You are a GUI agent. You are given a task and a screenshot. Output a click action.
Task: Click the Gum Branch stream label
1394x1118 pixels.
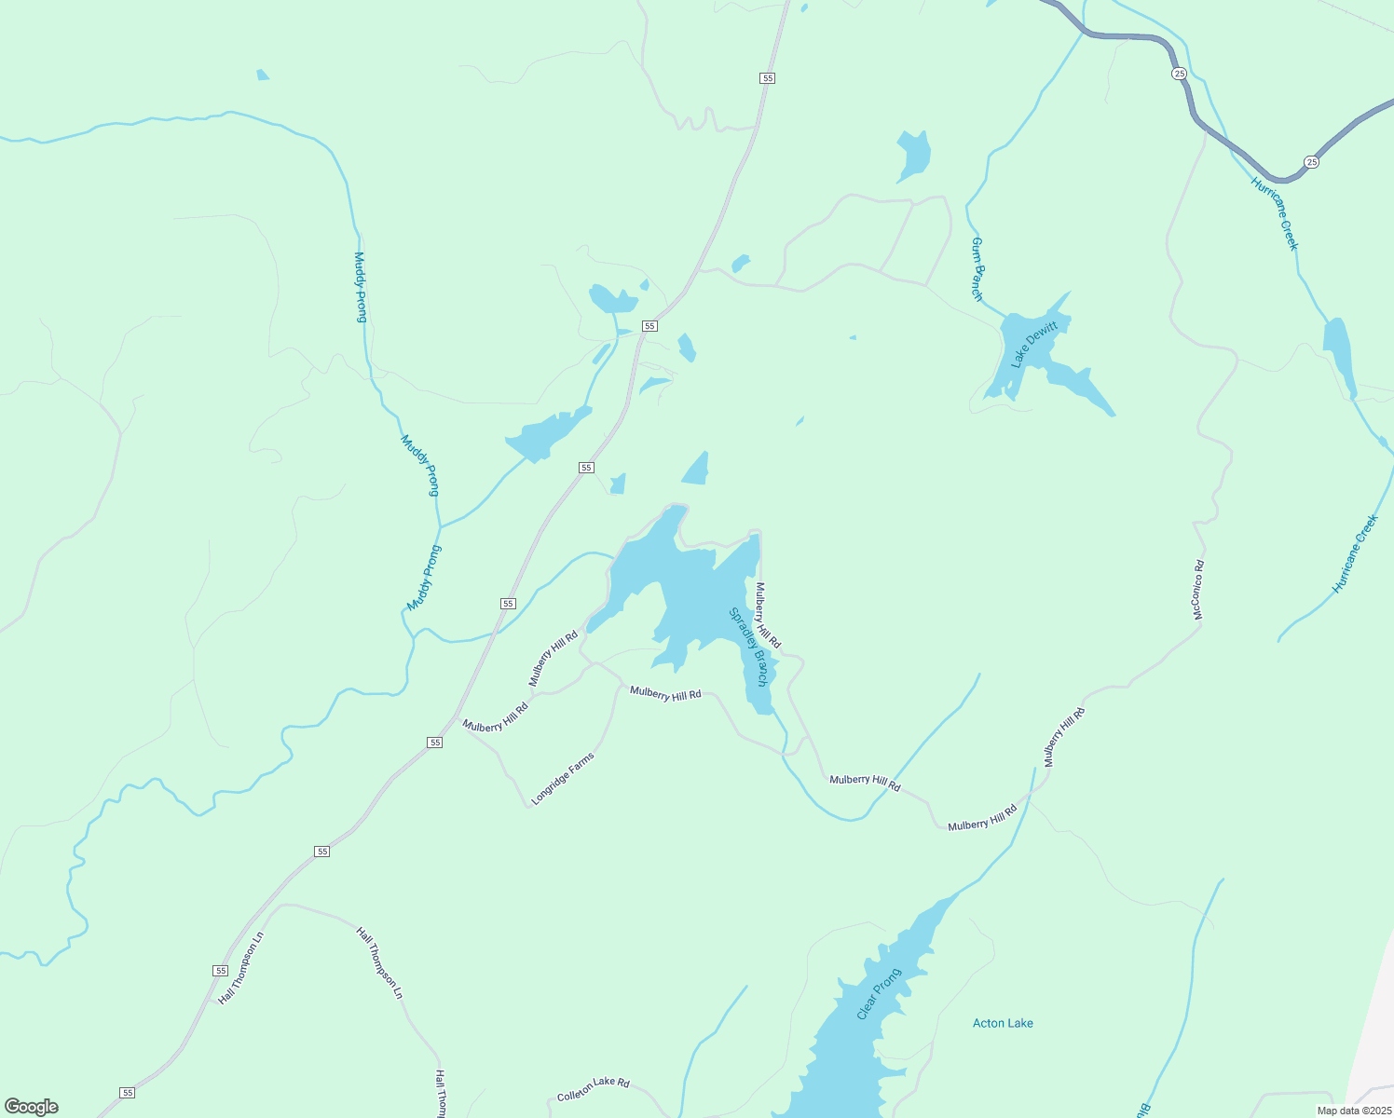977,269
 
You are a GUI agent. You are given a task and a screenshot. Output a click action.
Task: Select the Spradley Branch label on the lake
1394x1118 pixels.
749,647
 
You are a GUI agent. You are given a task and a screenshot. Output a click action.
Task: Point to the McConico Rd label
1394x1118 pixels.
1198,590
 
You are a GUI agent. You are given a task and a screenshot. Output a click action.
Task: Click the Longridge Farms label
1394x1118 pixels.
563,779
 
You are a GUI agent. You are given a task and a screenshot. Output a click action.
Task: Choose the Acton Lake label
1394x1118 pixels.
1003,1023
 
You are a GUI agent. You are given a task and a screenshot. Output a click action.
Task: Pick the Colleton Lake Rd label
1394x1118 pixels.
594,1089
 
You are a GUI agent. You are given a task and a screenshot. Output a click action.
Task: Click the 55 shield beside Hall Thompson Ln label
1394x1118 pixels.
220,970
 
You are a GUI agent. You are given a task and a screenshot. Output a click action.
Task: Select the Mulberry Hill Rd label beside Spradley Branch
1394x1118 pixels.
768,615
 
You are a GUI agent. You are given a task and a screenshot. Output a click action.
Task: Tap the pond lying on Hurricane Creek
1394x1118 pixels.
1339,354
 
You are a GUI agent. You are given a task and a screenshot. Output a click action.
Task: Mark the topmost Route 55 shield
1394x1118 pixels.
767,78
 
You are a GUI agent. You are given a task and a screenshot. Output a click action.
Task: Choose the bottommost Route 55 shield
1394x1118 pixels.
128,1092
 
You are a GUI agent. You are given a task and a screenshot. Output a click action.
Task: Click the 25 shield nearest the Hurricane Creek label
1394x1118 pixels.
1312,162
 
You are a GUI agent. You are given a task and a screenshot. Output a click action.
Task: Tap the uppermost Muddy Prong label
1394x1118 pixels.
360,287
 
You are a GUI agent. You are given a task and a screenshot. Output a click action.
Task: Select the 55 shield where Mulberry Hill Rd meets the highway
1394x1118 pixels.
435,742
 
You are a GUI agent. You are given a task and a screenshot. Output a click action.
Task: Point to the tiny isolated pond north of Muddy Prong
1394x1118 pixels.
263,75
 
